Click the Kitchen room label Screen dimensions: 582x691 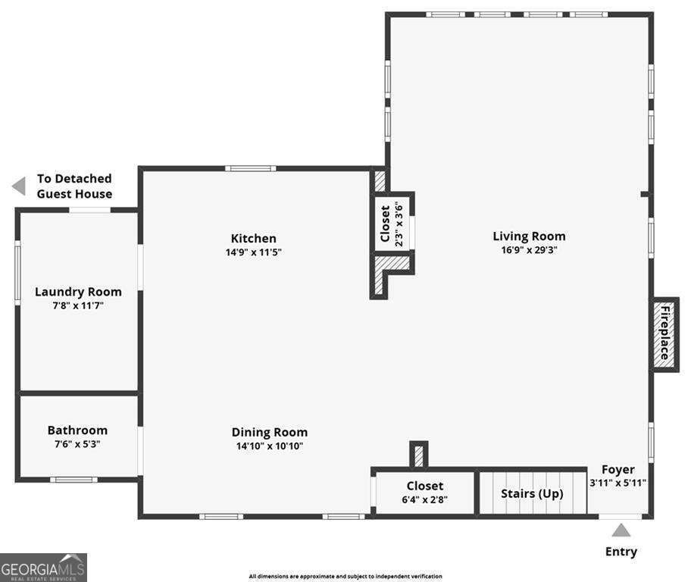pyautogui.click(x=253, y=238)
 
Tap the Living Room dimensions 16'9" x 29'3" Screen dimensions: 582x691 pyautogui.click(x=529, y=250)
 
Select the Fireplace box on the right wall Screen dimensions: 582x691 pyautogui.click(x=664, y=334)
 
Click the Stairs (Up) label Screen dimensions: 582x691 pyautogui.click(x=532, y=493)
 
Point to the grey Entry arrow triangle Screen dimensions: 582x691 pyautogui.click(x=621, y=530)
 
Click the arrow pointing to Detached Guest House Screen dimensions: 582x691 pyautogui.click(x=19, y=186)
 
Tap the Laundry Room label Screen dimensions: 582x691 pyautogui.click(x=78, y=292)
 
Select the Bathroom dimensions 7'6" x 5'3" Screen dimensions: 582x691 pyautogui.click(x=77, y=444)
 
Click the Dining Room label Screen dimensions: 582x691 pyautogui.click(x=269, y=432)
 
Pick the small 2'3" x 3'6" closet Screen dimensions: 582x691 pyautogui.click(x=392, y=222)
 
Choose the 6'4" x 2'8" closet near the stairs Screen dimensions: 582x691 pyautogui.click(x=424, y=493)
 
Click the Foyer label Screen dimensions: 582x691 pyautogui.click(x=618, y=469)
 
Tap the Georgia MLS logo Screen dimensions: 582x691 pyautogui.click(x=43, y=567)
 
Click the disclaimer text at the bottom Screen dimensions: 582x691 pyautogui.click(x=345, y=577)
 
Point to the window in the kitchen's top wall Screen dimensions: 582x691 pyautogui.click(x=251, y=168)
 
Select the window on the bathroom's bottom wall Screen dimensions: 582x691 pyautogui.click(x=73, y=479)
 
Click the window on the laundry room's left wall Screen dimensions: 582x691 pyautogui.click(x=17, y=272)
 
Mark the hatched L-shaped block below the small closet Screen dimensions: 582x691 pyautogui.click(x=386, y=273)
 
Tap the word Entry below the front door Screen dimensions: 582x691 pyautogui.click(x=621, y=552)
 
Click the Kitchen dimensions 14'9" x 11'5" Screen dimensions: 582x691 pyautogui.click(x=253, y=252)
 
